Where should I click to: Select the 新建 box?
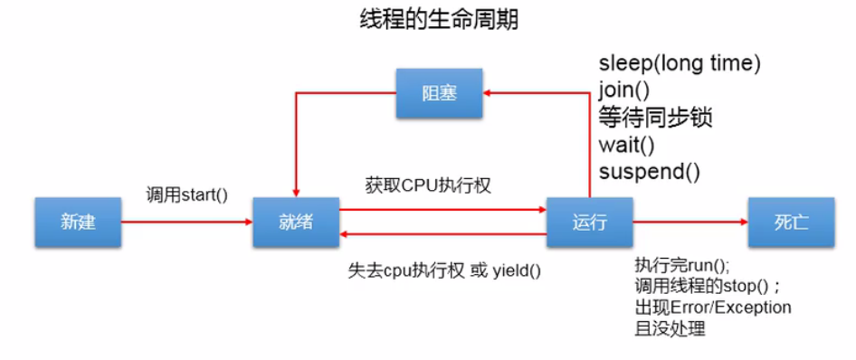click(x=79, y=222)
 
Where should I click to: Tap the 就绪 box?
click(x=296, y=222)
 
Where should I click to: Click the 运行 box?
click(x=589, y=222)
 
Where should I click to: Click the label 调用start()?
click(x=186, y=194)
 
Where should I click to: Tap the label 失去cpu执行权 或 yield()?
click(x=444, y=270)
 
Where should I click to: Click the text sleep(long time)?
click(x=680, y=63)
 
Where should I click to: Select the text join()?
click(x=625, y=90)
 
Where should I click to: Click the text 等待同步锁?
click(x=655, y=117)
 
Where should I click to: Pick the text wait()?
click(x=626, y=144)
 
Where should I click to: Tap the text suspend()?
click(x=649, y=170)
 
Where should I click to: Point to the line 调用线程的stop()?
click(x=711, y=287)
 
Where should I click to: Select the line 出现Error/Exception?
click(x=713, y=308)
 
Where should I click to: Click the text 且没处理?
click(x=670, y=328)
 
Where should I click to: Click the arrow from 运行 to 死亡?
click(x=690, y=222)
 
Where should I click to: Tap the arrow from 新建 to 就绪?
click(x=186, y=222)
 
